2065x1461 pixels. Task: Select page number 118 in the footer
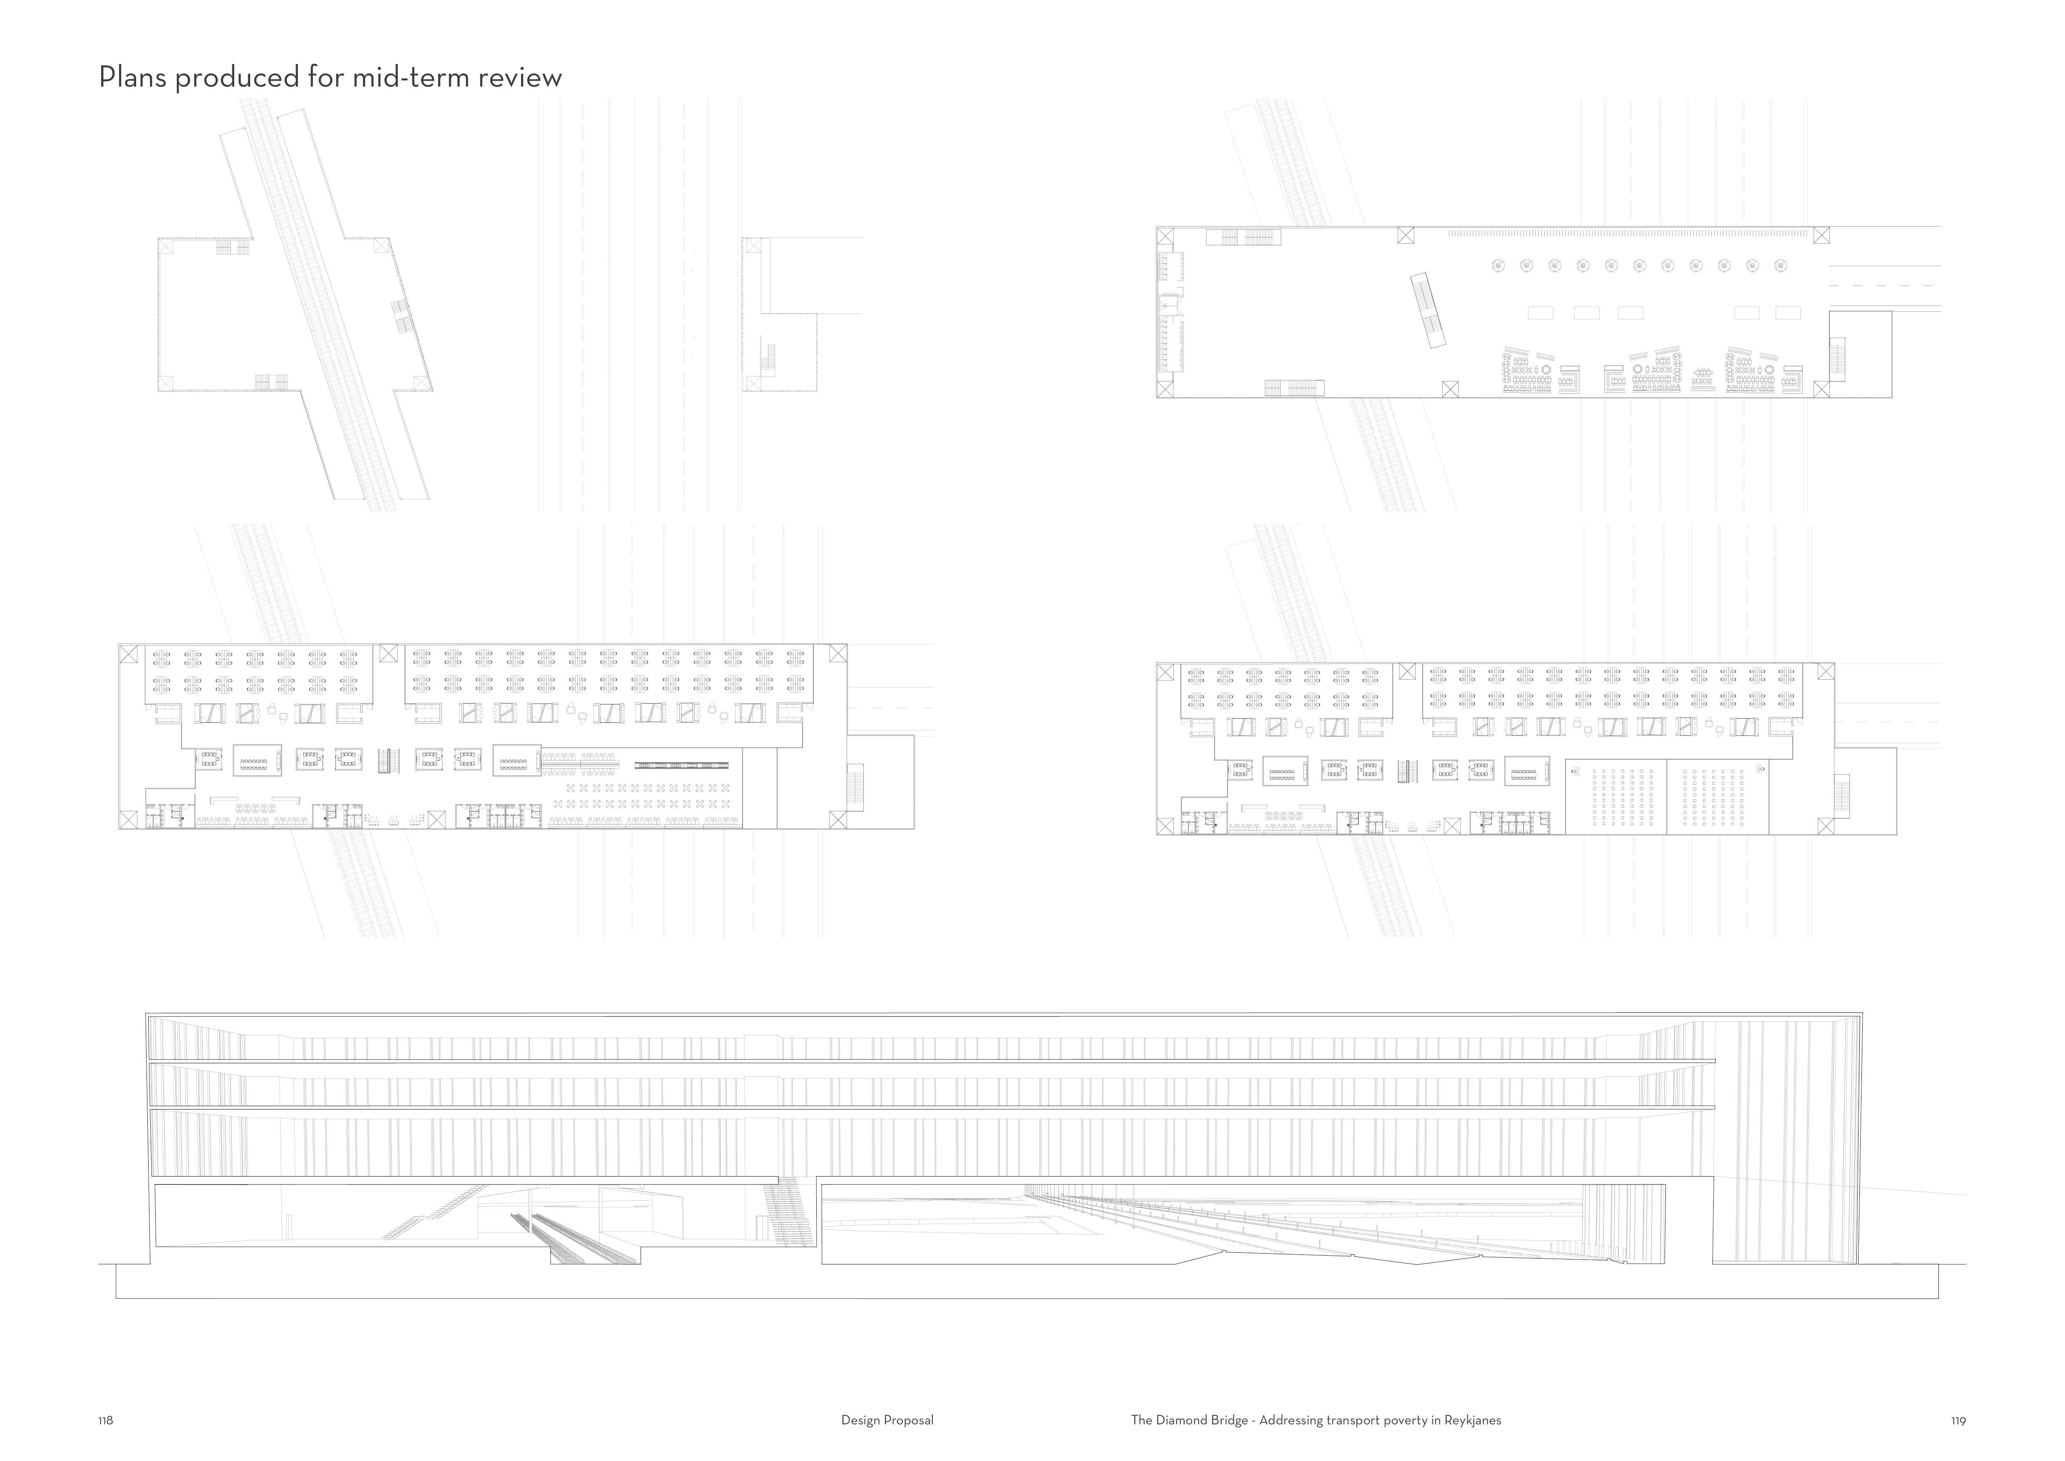point(105,1421)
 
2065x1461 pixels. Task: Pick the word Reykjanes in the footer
point(1472,1421)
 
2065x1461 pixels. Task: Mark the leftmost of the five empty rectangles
point(1540,313)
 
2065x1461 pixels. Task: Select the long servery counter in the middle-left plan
point(681,765)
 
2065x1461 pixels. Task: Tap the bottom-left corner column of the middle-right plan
point(1165,826)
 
